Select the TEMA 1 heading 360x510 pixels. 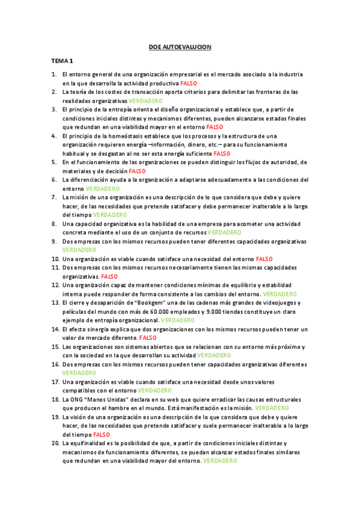point(62,61)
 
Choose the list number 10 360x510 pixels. point(55,259)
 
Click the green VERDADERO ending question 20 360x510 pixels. point(220,460)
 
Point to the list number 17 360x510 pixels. point(55,382)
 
